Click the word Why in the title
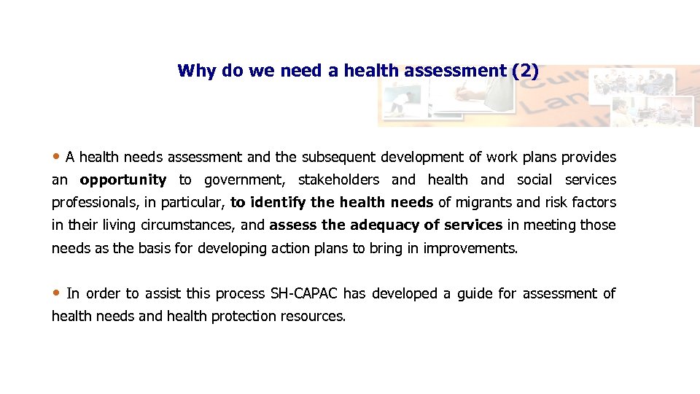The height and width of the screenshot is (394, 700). point(192,71)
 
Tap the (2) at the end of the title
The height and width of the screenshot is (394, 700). point(525,71)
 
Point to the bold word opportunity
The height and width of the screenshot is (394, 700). point(122,179)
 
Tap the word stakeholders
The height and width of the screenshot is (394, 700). point(338,179)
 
